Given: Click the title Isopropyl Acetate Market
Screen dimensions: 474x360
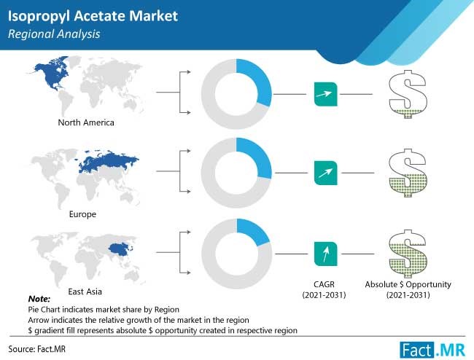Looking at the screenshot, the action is [x=93, y=16].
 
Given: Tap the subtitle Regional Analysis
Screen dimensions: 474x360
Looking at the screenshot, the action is [x=54, y=34].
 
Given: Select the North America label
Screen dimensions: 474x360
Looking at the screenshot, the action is [x=86, y=122].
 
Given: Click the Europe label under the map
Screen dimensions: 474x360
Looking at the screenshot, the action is [x=82, y=214].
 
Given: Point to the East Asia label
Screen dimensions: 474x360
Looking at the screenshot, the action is [x=85, y=291].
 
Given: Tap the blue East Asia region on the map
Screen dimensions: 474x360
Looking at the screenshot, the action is [x=120, y=249].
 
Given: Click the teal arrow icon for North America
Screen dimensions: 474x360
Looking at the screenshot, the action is [x=325, y=94].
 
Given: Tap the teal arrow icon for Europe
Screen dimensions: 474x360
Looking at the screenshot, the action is [x=325, y=173].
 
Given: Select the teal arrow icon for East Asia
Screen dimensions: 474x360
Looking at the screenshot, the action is [x=325, y=254].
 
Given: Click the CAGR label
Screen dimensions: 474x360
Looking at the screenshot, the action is [x=324, y=284].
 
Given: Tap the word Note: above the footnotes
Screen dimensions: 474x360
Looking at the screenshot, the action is [x=39, y=299].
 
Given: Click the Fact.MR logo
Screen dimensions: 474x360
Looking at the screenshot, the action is [x=432, y=350].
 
